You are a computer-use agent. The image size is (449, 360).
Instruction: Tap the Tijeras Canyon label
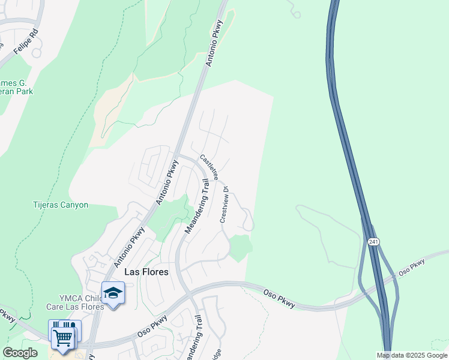tap(60, 205)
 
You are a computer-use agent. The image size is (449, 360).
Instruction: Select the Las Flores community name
tap(146, 272)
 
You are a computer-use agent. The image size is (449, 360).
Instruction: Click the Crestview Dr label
tap(224, 205)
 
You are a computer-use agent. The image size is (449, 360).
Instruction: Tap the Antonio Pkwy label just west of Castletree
tap(169, 182)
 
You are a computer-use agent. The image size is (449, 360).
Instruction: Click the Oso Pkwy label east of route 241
tap(411, 268)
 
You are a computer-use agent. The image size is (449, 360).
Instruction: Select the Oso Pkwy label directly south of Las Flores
tap(152, 325)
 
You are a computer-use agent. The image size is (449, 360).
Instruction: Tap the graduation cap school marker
tap(113, 293)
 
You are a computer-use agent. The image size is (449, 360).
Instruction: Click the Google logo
tap(20, 353)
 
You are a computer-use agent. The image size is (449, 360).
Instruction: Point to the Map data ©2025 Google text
tap(412, 355)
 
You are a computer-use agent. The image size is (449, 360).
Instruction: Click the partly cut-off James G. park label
tap(16, 87)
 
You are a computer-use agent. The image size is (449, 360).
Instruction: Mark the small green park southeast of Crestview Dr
tap(240, 248)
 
